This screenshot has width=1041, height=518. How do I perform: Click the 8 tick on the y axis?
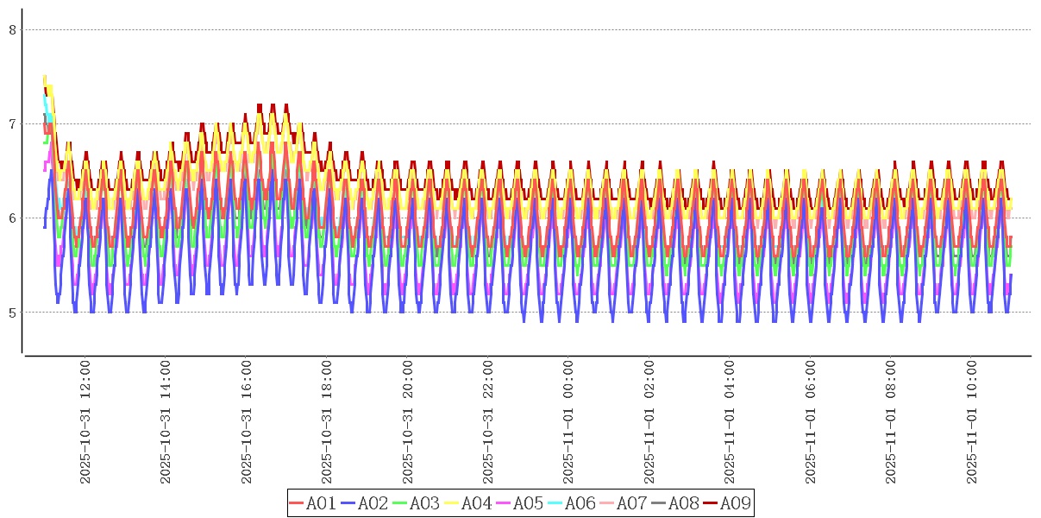[13, 29]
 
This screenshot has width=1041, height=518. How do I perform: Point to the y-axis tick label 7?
[13, 123]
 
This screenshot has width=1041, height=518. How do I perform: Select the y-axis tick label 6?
[13, 218]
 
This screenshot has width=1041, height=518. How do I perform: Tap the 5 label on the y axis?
[13, 312]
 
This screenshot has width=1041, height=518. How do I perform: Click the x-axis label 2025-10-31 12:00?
[85, 422]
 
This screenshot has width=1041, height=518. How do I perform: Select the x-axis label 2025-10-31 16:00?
[247, 422]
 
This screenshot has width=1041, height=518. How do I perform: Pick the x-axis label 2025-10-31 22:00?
[488, 422]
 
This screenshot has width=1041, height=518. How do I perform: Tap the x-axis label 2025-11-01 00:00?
[568, 422]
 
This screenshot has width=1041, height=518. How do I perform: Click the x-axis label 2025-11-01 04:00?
[730, 422]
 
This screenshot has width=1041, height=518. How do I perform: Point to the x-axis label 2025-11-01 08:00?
[891, 422]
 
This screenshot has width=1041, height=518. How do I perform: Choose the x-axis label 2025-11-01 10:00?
[972, 422]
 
